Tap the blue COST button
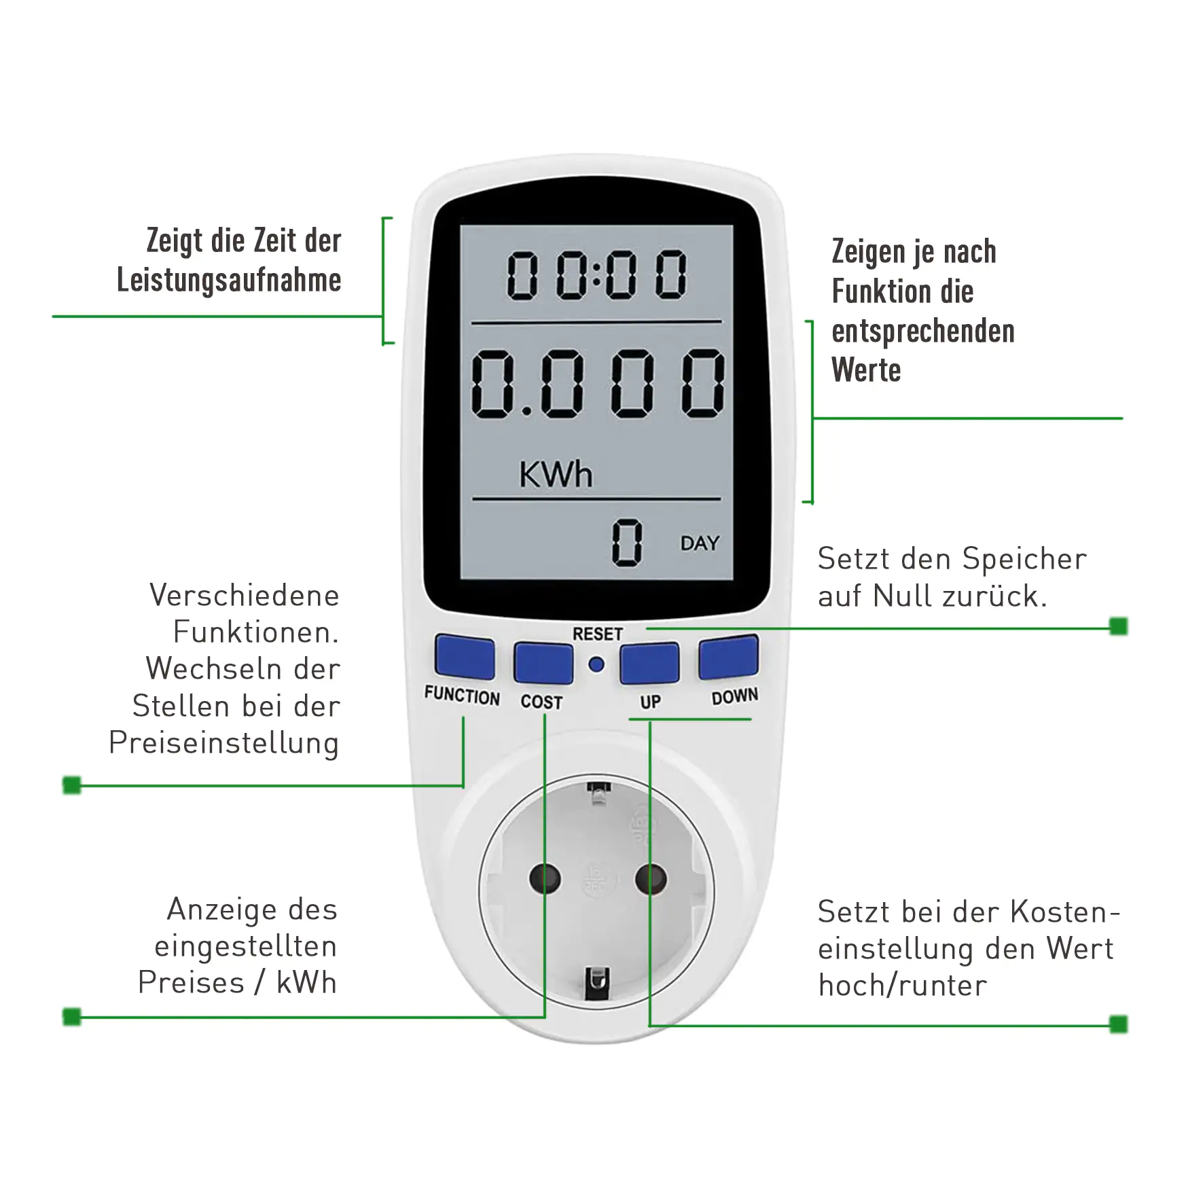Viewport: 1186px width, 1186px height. [543, 662]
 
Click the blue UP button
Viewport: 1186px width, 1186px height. [649, 662]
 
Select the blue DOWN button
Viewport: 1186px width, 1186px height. [728, 657]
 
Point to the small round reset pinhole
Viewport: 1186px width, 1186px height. [596, 665]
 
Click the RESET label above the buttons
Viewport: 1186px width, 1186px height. [597, 634]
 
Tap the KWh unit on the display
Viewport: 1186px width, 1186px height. [556, 474]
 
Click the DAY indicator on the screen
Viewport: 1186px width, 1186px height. [700, 543]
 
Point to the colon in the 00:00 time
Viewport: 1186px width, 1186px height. [596, 274]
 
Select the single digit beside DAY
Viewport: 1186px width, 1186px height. [626, 542]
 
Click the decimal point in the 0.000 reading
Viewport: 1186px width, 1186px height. [526, 411]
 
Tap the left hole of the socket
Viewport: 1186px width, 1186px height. [545, 878]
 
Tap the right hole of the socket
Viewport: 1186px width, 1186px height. [650, 878]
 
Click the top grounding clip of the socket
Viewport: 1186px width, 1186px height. [598, 792]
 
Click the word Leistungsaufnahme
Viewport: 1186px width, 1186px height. [229, 280]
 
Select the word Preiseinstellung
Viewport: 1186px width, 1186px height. [223, 742]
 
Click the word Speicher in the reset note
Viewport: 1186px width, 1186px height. [1024, 559]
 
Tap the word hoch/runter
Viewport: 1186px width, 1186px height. [902, 985]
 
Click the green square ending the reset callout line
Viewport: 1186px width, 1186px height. [1118, 626]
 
